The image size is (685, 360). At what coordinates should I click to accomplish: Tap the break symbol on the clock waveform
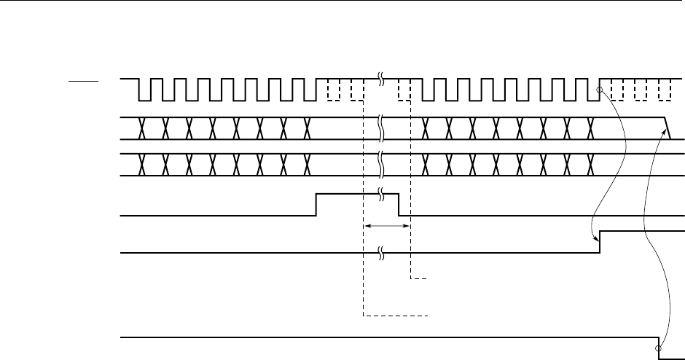(x=382, y=78)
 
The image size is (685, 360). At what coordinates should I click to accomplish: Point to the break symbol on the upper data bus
(x=382, y=128)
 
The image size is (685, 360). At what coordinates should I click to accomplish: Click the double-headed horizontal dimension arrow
(x=387, y=227)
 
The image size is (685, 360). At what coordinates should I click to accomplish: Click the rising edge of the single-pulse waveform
(x=316, y=205)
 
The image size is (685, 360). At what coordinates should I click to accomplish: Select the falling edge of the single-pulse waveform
(x=399, y=205)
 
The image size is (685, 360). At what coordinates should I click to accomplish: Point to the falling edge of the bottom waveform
(x=659, y=344)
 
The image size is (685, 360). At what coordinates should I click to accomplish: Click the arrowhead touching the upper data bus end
(x=667, y=129)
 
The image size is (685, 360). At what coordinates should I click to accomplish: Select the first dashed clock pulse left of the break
(x=334, y=90)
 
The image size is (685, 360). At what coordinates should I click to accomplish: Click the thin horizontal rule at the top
(x=342, y=1)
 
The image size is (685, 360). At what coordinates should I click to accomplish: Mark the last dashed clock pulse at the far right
(x=664, y=90)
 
